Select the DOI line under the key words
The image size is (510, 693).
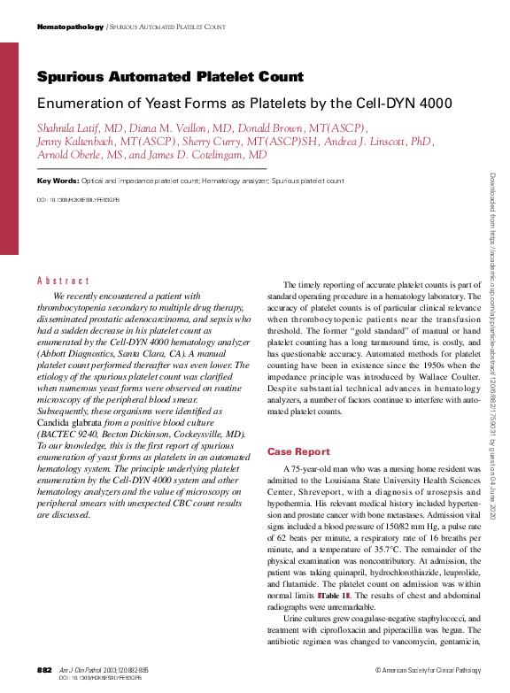coord(78,200)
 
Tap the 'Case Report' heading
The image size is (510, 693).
coord(298,451)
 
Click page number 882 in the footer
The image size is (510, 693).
coord(45,670)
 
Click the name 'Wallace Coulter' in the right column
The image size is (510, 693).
coord(448,364)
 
